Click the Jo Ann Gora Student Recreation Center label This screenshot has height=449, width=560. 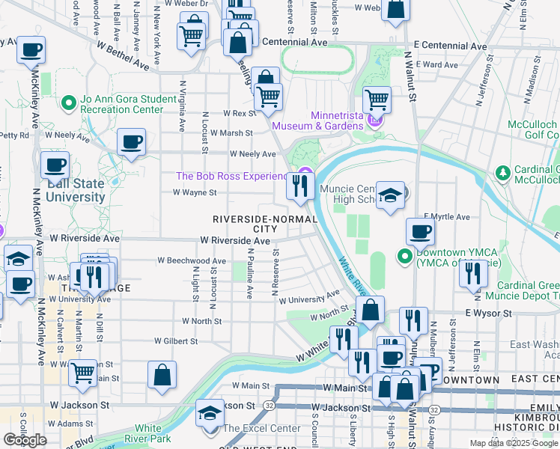(122, 104)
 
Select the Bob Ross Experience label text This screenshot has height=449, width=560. (231, 177)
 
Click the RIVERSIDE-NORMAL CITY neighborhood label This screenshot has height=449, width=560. (264, 224)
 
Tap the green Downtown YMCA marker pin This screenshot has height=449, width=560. (405, 257)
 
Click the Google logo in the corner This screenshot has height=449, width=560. (25, 440)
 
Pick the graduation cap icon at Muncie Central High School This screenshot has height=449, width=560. (389, 196)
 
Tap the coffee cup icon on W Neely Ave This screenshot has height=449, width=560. (131, 141)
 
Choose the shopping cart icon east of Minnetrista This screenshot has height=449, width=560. (377, 99)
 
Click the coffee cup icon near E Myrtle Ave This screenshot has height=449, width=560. (420, 232)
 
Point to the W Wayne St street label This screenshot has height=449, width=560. (195, 192)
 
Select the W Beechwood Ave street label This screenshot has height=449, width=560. (192, 261)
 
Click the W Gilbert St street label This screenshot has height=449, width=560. (176, 340)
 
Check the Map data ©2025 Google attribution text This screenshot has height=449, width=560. (514, 443)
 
